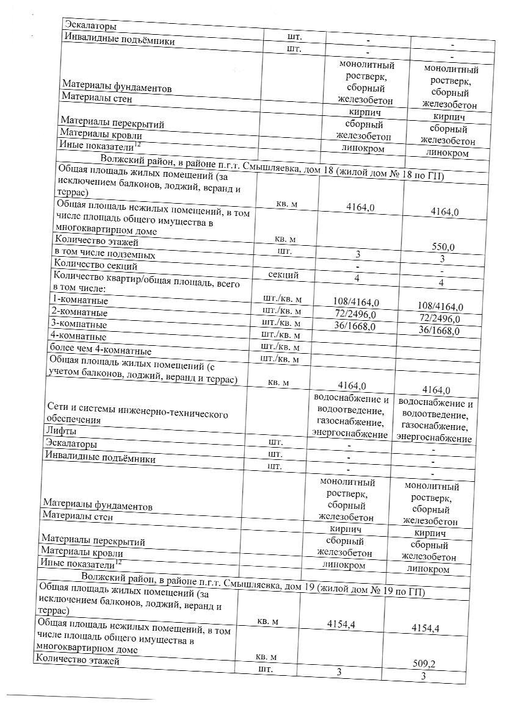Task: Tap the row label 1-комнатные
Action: coord(80,301)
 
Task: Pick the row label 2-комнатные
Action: coord(79,313)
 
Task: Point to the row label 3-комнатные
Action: coord(79,324)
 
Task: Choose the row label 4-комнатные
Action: coord(79,337)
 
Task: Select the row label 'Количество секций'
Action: coord(95,265)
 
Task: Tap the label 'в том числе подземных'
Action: coord(104,254)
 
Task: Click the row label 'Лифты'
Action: coord(57,431)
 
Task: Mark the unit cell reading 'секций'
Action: coord(283,275)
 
